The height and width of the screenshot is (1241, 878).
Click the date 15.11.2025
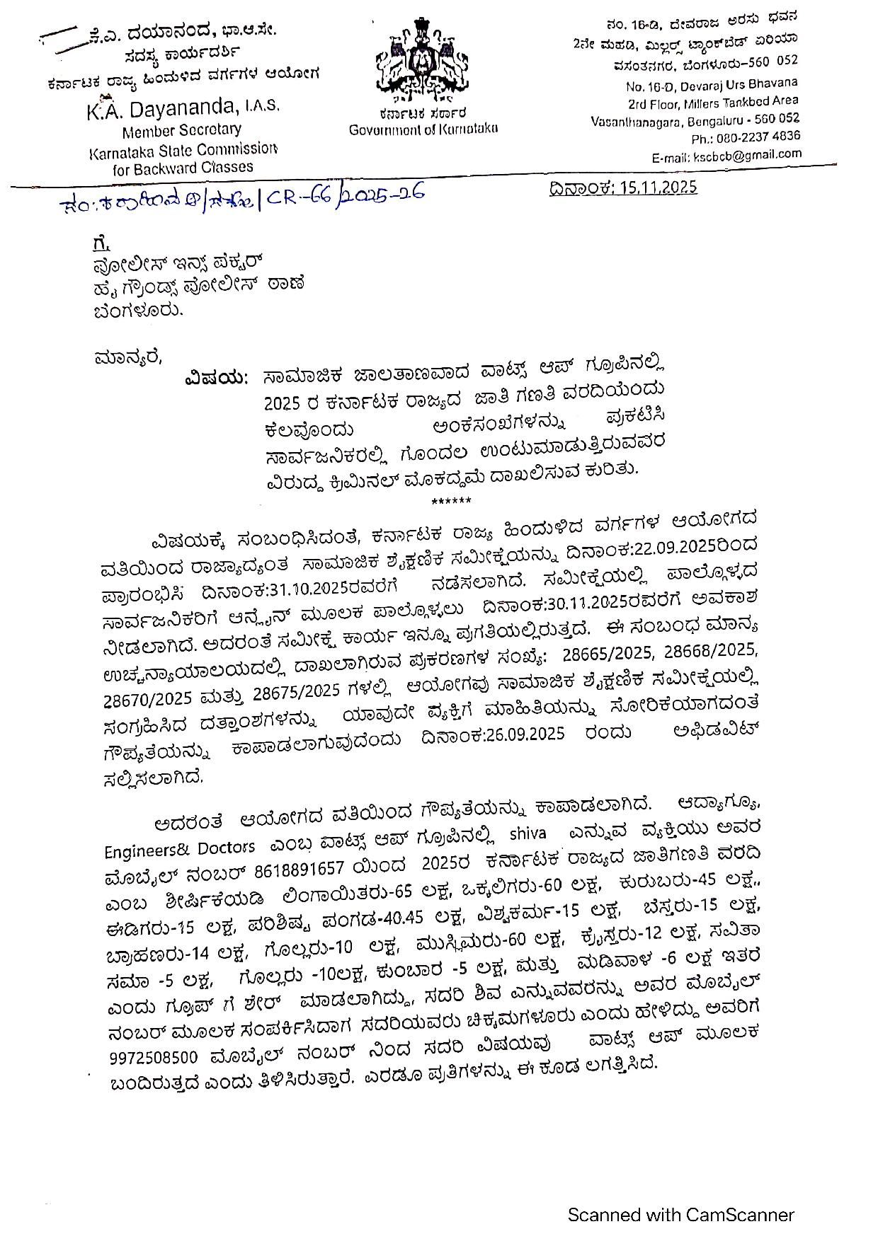pos(658,187)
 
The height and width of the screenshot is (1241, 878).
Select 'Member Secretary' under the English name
pos(181,131)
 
